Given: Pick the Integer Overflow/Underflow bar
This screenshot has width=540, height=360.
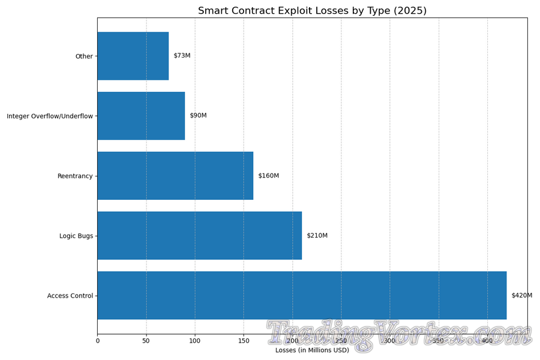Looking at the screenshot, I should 141,115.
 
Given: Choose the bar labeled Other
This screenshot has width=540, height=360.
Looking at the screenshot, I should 133,56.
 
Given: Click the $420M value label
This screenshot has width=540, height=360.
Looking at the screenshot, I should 521,295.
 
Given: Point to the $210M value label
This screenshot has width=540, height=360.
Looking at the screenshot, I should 317,236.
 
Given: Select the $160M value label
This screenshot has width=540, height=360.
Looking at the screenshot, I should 268,176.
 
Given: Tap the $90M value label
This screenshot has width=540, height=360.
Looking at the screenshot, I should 198,115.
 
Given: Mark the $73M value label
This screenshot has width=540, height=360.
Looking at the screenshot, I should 182,56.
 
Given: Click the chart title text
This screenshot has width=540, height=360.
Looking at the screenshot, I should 312,11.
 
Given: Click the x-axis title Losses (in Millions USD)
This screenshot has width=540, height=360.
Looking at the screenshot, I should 312,350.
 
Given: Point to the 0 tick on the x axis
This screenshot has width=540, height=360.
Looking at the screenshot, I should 97,341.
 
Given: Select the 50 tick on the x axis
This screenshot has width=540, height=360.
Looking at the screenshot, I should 146,341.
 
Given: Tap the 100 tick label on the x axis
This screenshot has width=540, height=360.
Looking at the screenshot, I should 194,341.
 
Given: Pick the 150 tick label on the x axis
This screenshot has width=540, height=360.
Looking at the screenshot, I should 243,341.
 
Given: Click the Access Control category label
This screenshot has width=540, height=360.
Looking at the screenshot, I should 70,296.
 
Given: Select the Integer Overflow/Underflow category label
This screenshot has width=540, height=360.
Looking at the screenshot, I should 50,116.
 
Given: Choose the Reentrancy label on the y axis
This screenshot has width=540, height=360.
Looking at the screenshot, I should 75,176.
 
